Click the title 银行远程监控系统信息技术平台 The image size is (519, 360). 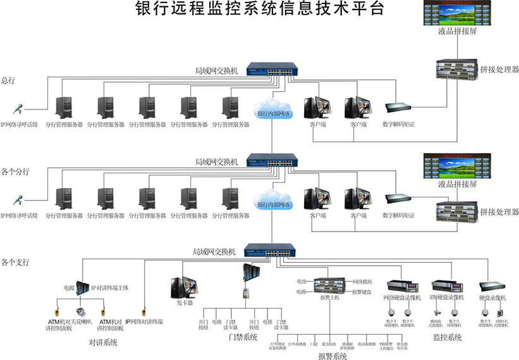click(260, 9)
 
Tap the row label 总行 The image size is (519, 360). click(8, 80)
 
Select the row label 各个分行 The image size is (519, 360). click(16, 171)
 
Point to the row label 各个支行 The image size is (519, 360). click(16, 261)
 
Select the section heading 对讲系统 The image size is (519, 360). click(103, 342)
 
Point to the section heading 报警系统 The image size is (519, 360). click(333, 356)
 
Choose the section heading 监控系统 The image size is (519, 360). click(447, 338)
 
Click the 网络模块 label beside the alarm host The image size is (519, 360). click(362, 281)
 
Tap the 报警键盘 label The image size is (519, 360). click(362, 292)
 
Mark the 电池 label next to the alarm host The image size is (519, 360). click(301, 281)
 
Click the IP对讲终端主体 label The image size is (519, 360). click(111, 287)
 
